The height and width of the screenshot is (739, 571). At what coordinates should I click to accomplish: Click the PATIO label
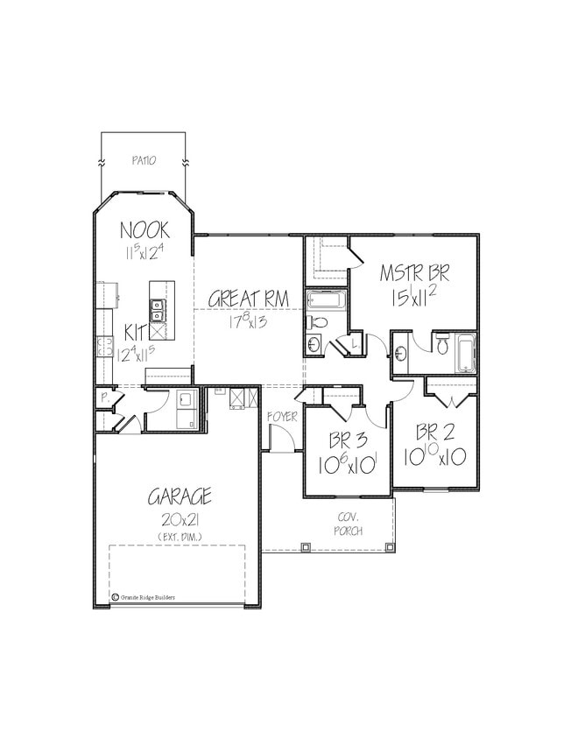(x=144, y=161)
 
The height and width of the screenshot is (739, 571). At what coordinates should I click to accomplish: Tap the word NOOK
(x=145, y=231)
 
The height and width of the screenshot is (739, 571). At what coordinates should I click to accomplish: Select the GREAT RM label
(x=249, y=299)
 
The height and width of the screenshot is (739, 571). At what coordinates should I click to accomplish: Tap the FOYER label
(x=282, y=417)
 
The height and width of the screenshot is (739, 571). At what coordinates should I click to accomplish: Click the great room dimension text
(x=249, y=321)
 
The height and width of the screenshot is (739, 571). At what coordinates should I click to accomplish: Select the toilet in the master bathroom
(x=442, y=344)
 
